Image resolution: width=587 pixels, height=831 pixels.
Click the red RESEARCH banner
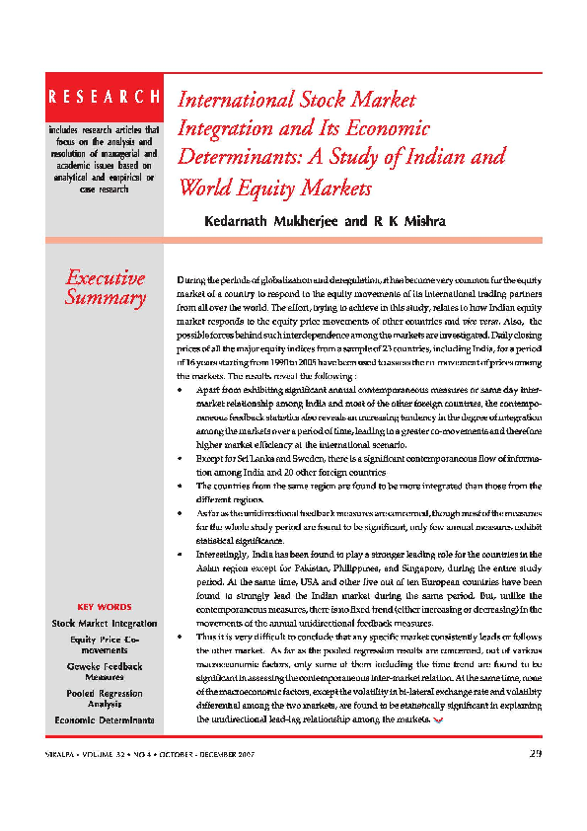104,97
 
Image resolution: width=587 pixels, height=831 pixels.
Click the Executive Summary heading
104,287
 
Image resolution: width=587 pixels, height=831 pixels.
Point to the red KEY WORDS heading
104,606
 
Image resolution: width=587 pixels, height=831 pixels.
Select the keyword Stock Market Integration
104,624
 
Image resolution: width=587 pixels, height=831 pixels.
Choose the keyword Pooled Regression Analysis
104,700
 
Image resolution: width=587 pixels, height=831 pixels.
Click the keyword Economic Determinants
104,721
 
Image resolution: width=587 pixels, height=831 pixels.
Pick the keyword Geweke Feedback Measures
104,672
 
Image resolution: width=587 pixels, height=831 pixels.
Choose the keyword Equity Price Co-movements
104,645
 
